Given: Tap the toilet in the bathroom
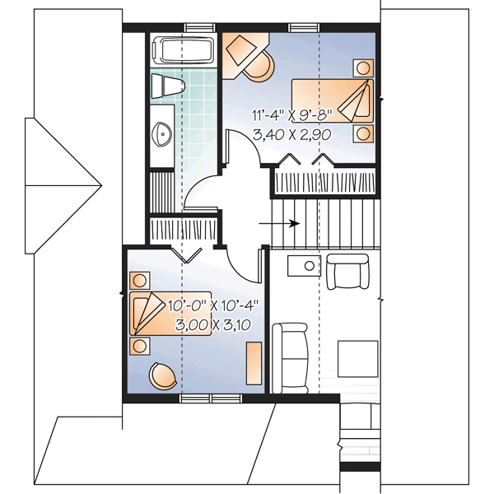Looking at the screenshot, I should point(165,86).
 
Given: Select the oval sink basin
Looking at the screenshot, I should point(162,129).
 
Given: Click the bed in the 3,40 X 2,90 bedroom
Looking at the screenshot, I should point(334,100).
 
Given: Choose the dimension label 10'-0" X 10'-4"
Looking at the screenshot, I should point(212,305).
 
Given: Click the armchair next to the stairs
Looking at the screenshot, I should point(349,271).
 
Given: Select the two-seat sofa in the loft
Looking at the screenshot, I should point(289,357).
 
